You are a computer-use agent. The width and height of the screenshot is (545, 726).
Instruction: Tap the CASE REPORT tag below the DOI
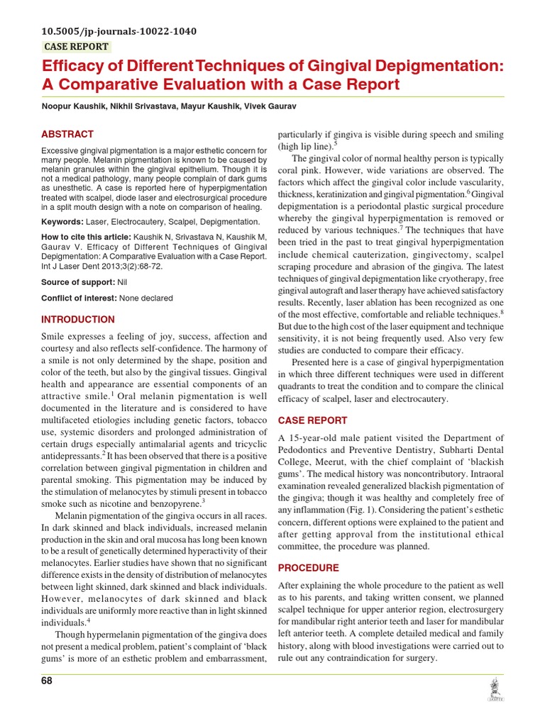pyautogui.click(x=77, y=47)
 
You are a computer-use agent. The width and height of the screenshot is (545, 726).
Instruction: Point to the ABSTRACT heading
pyautogui.click(x=67, y=134)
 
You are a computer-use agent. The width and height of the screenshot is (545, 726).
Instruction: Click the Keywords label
pyautogui.click(x=62, y=221)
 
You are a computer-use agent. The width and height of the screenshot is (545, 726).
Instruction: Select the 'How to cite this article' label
pyautogui.click(x=86, y=236)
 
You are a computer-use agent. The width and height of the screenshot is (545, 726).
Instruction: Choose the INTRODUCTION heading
pyautogui.click(x=78, y=320)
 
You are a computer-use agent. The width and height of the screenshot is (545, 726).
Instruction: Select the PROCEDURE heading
pyautogui.click(x=308, y=568)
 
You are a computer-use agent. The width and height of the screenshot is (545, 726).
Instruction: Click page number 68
pyautogui.click(x=47, y=681)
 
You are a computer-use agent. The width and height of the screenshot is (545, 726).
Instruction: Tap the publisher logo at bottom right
pyautogui.click(x=494, y=690)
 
